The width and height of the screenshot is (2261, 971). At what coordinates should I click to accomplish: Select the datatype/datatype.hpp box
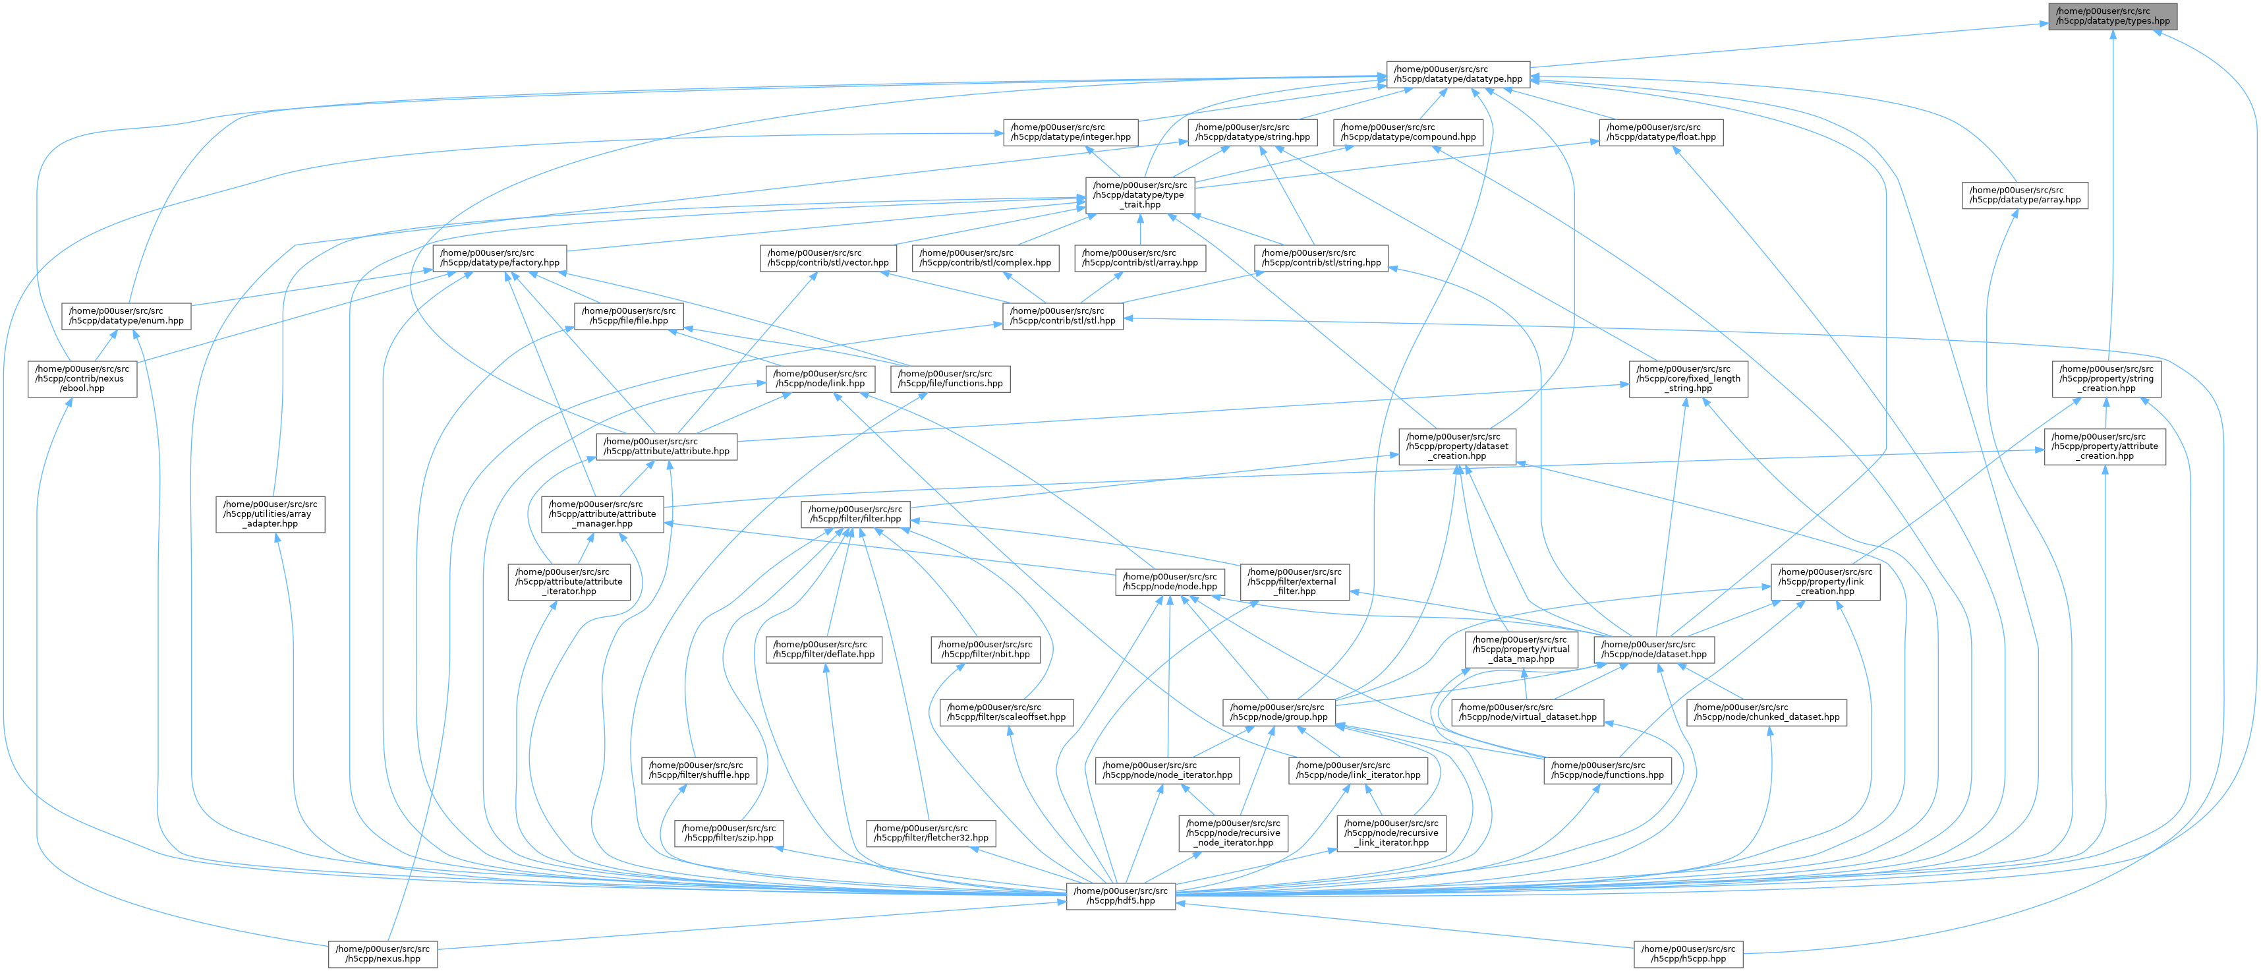tap(1458, 73)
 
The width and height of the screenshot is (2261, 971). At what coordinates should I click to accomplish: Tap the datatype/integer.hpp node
tap(1070, 132)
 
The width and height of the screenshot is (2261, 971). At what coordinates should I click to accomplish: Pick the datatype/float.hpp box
tap(1661, 132)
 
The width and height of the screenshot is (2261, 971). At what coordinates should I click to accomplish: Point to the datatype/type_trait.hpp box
tap(1140, 195)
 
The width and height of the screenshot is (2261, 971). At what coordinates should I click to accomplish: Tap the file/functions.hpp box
tap(950, 378)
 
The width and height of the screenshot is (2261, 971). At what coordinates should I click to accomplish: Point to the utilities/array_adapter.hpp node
tap(270, 514)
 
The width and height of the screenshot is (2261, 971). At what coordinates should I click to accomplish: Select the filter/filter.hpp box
tap(856, 514)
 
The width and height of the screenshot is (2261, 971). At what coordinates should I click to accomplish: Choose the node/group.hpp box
tap(1280, 711)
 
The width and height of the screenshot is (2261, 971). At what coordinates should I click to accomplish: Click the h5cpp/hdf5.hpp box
tap(1121, 895)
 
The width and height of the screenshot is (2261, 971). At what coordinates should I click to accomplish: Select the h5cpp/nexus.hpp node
tap(383, 953)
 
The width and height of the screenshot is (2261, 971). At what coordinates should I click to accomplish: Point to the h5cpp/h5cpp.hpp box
tap(1688, 953)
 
